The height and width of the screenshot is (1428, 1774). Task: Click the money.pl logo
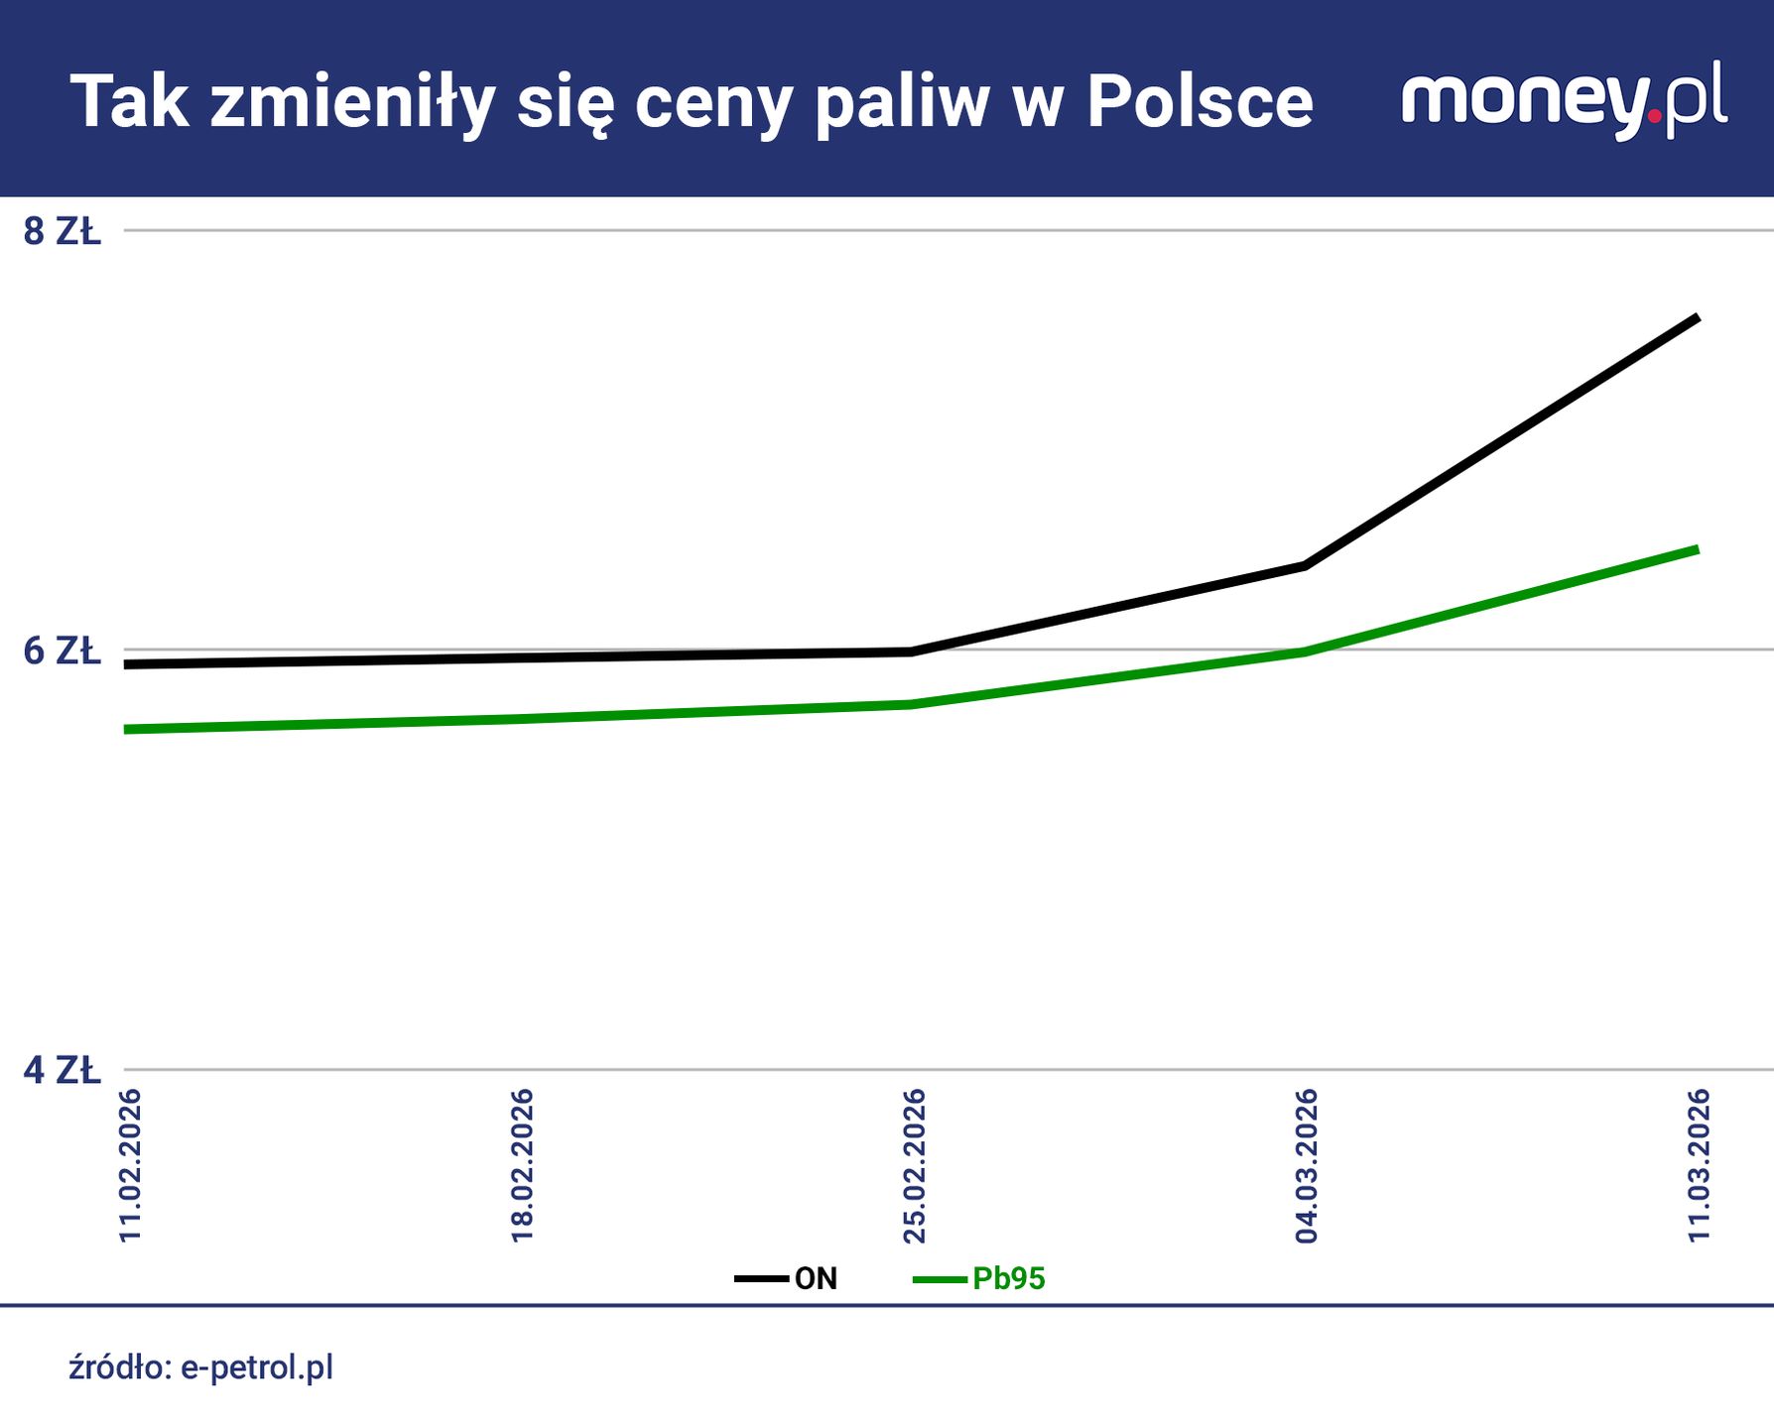tap(1564, 100)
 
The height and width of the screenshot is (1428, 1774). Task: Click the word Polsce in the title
tap(1200, 102)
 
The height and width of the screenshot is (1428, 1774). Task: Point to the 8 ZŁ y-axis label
tap(63, 231)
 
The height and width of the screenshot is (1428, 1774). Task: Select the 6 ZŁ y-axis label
tap(63, 652)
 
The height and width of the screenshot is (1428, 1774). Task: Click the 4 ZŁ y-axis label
tap(63, 1071)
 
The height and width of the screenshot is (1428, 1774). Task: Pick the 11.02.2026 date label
tap(131, 1165)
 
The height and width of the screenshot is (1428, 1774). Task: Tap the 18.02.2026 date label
tap(523, 1165)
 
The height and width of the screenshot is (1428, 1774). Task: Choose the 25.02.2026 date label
tap(914, 1165)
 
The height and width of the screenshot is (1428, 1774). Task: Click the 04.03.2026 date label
tap(1307, 1165)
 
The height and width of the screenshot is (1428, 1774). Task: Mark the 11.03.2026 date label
tap(1700, 1165)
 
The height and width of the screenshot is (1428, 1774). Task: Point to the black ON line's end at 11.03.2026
tap(1697, 318)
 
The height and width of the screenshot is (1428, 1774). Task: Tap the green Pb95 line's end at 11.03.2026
tap(1697, 549)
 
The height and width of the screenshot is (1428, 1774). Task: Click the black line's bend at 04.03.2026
tap(1306, 565)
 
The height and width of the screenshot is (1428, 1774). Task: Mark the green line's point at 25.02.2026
tap(912, 704)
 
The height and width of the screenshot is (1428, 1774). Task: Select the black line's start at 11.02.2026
tap(128, 663)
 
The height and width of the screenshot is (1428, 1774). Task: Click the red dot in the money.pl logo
tap(1654, 116)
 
